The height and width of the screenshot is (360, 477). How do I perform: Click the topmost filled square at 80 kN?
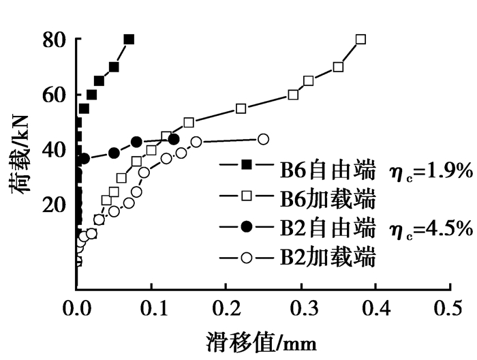pyautogui.click(x=129, y=40)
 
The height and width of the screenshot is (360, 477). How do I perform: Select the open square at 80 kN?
pyautogui.click(x=360, y=40)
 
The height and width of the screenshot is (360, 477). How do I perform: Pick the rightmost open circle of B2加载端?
pyautogui.click(x=264, y=138)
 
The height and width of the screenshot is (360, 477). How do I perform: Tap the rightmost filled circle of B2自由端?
pyautogui.click(x=174, y=139)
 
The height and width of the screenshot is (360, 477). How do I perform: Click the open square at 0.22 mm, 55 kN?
pyautogui.click(x=241, y=108)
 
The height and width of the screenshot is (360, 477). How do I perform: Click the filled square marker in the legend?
pyautogui.click(x=247, y=164)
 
